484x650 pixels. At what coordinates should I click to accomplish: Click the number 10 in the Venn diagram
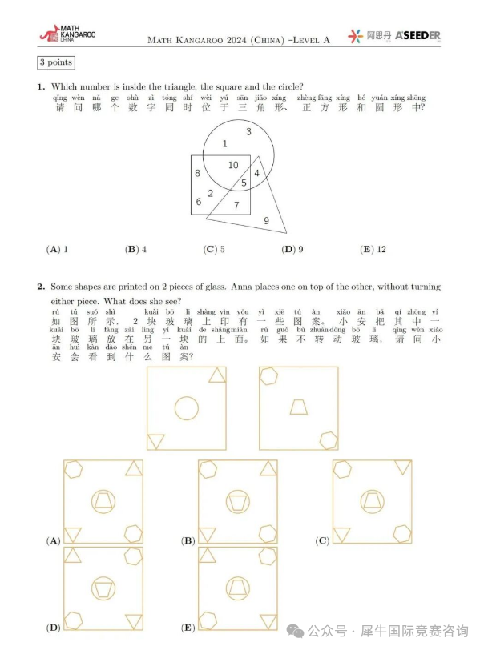click(233, 165)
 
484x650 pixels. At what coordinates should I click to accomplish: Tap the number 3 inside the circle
click(248, 131)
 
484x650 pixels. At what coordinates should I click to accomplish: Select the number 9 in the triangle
click(266, 220)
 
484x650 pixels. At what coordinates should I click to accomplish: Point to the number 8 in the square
click(197, 173)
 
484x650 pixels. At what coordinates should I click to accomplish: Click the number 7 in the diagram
click(236, 205)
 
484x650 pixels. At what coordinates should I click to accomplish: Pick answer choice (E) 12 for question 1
click(373, 249)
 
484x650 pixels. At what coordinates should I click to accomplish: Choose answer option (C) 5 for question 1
click(214, 249)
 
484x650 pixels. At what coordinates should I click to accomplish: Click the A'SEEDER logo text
click(417, 36)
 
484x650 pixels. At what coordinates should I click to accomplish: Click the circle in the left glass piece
click(187, 407)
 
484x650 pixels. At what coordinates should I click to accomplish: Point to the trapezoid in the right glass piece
click(298, 407)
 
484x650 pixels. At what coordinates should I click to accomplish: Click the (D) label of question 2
click(54, 628)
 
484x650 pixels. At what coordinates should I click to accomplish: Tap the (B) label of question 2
click(188, 541)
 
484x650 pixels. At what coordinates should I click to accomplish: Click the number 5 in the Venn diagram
click(244, 183)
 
